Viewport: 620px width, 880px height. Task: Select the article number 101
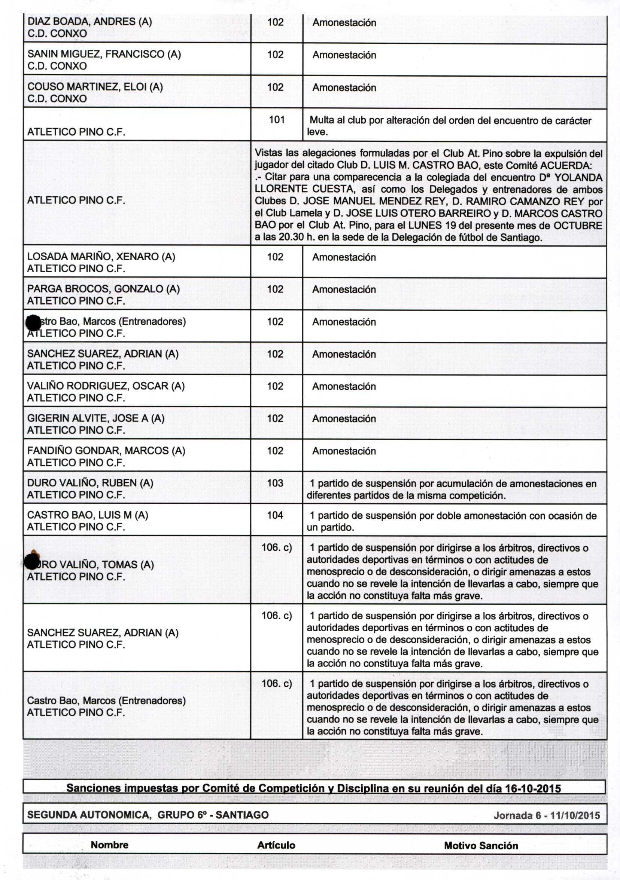pos(276,120)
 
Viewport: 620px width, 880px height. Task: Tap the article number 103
pos(275,483)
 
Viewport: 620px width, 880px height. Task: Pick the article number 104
pos(275,515)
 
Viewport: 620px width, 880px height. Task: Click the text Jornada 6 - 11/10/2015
pos(546,815)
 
